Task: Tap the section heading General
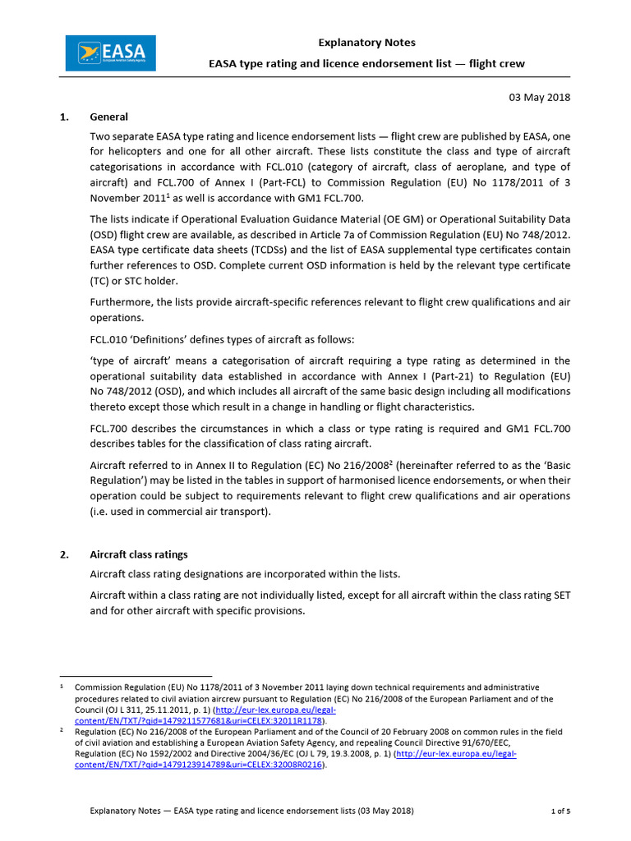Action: click(108, 117)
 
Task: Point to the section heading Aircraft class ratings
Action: click(139, 554)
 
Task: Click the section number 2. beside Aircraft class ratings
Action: click(65, 554)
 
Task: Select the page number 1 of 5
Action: click(560, 811)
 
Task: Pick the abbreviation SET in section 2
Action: click(558, 594)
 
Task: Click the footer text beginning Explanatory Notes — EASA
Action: click(251, 811)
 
